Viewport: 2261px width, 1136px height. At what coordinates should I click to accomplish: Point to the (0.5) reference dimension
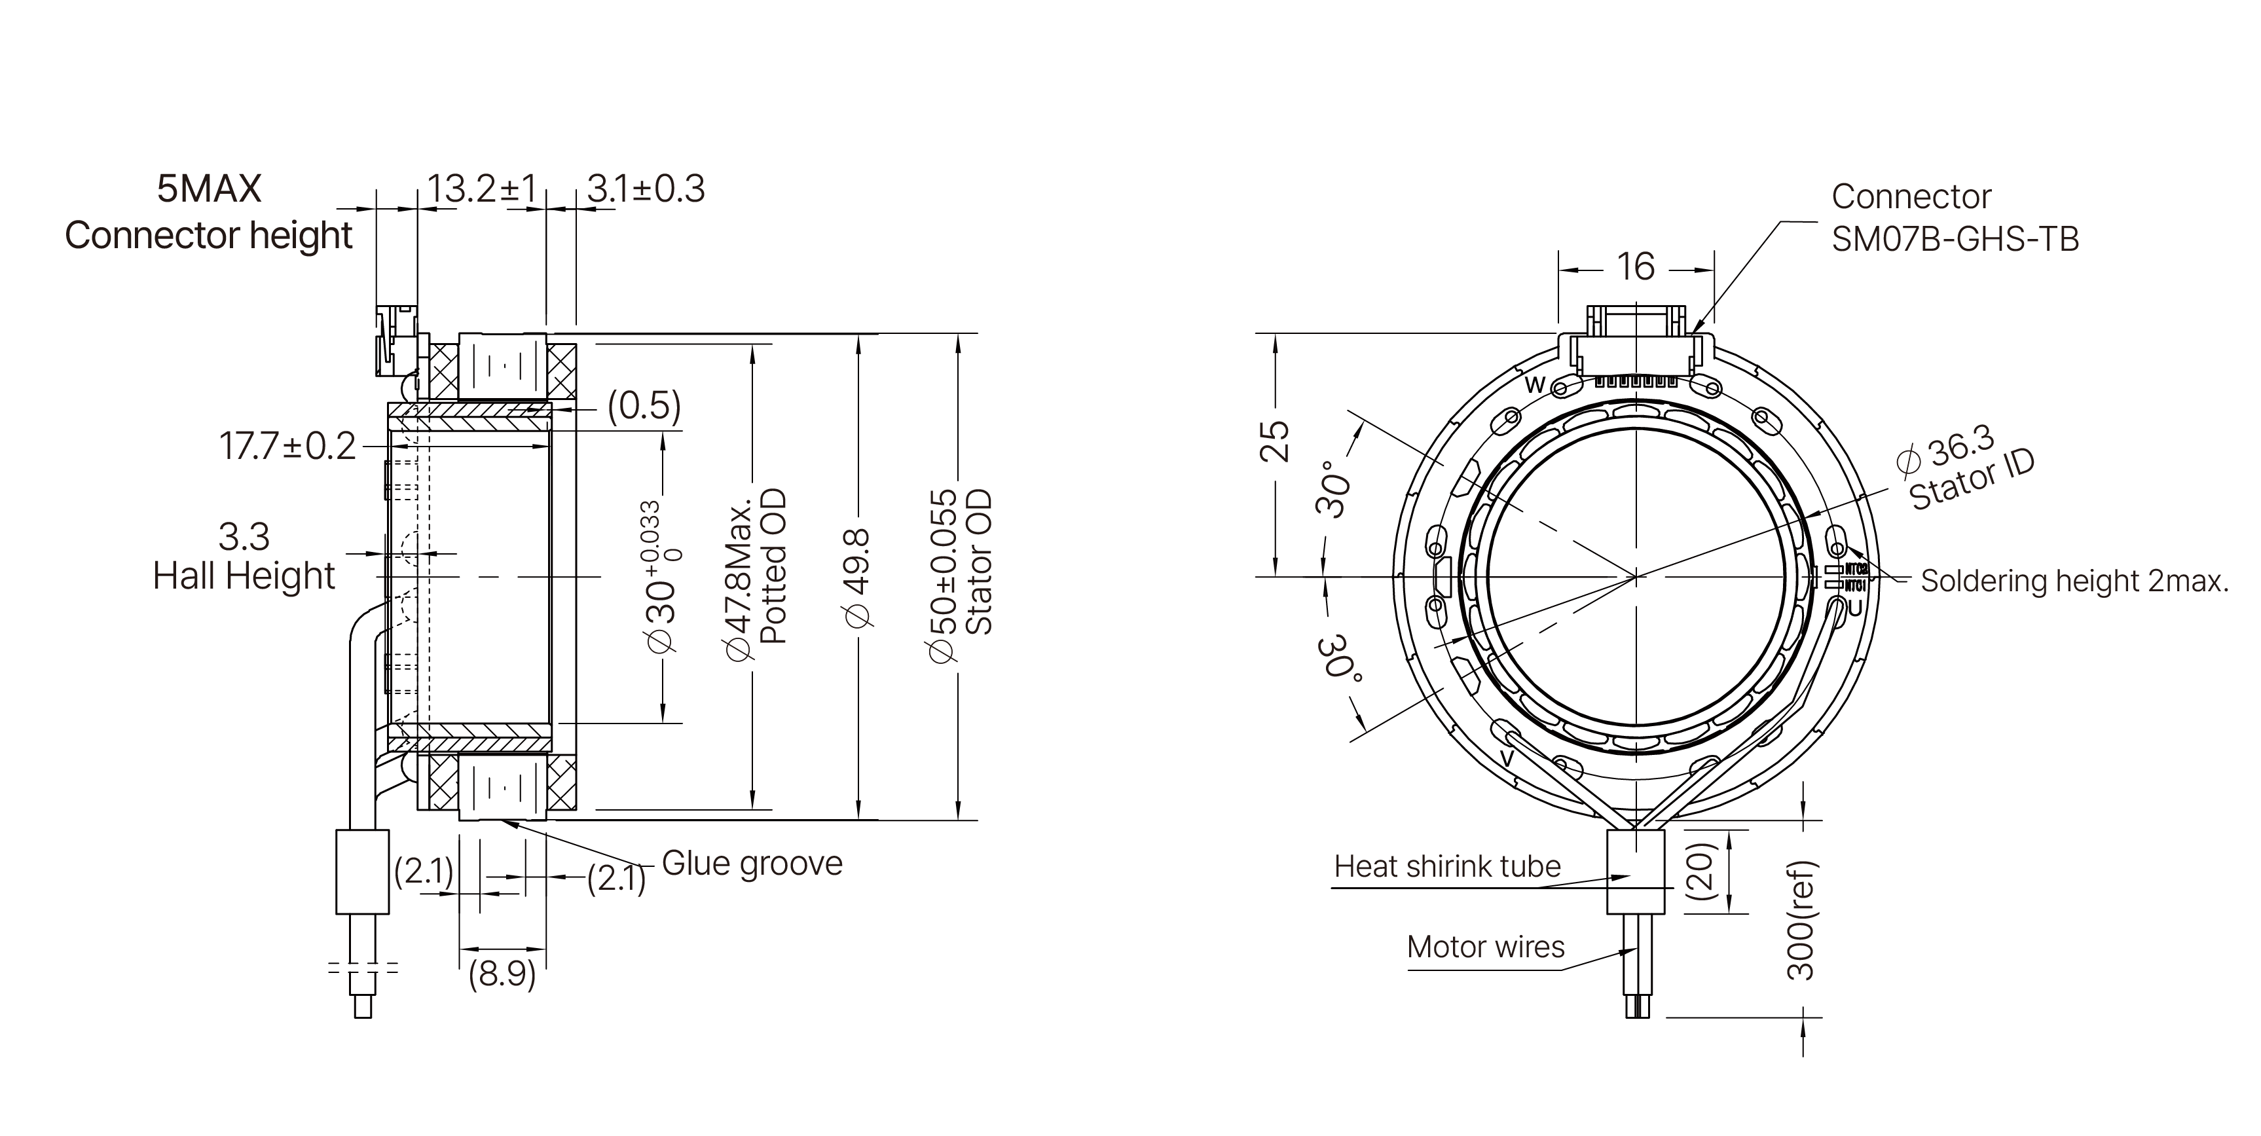point(644,407)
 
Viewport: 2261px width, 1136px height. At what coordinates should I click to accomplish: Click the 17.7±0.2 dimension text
point(287,447)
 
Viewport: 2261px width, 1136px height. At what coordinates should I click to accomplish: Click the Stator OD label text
point(979,562)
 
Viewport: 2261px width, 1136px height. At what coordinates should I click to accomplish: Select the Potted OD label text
point(773,566)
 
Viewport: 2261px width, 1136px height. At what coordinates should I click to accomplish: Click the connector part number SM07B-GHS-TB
point(1955,239)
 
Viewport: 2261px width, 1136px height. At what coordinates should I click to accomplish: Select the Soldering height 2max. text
point(2074,581)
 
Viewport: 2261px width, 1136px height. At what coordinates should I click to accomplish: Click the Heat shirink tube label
point(1446,866)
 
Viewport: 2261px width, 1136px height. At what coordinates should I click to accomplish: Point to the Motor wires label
point(1485,947)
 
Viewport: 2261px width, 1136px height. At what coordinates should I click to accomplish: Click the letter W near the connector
point(1534,384)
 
